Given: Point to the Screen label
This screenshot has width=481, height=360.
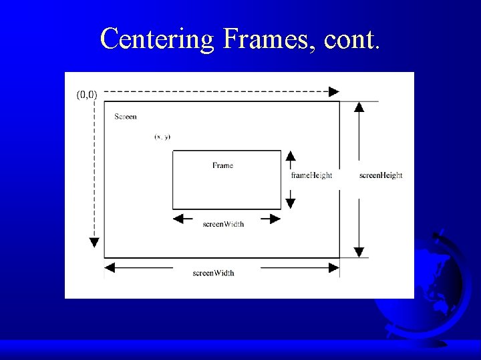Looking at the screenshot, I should coord(126,117).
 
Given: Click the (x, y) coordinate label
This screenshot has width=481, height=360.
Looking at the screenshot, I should coord(162,137).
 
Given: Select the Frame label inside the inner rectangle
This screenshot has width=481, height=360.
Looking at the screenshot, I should coord(222,165).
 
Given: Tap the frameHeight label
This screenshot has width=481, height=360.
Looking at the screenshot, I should coord(311,175).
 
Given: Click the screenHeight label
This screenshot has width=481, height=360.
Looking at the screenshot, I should coord(381,175).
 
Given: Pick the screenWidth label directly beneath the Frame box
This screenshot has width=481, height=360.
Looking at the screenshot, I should coord(223,224).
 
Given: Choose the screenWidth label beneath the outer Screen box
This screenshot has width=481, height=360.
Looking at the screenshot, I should coord(213,273).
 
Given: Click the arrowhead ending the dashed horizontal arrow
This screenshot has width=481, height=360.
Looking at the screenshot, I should coord(334,92).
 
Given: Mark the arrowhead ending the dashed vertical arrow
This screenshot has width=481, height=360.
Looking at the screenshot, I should coord(95,243).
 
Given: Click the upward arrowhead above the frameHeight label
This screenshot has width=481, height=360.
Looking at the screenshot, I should coord(291,156).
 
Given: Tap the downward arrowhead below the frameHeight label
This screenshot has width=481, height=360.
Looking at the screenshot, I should coord(291,203).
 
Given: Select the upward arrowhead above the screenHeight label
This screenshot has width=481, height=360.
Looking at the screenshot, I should coord(359,107).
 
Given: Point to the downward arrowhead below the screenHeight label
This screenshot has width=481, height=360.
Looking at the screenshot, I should coord(359,252).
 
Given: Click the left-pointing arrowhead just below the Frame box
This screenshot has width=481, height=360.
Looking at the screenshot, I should coord(178,219).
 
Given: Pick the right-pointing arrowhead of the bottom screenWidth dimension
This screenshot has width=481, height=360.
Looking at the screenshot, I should coord(333,267).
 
